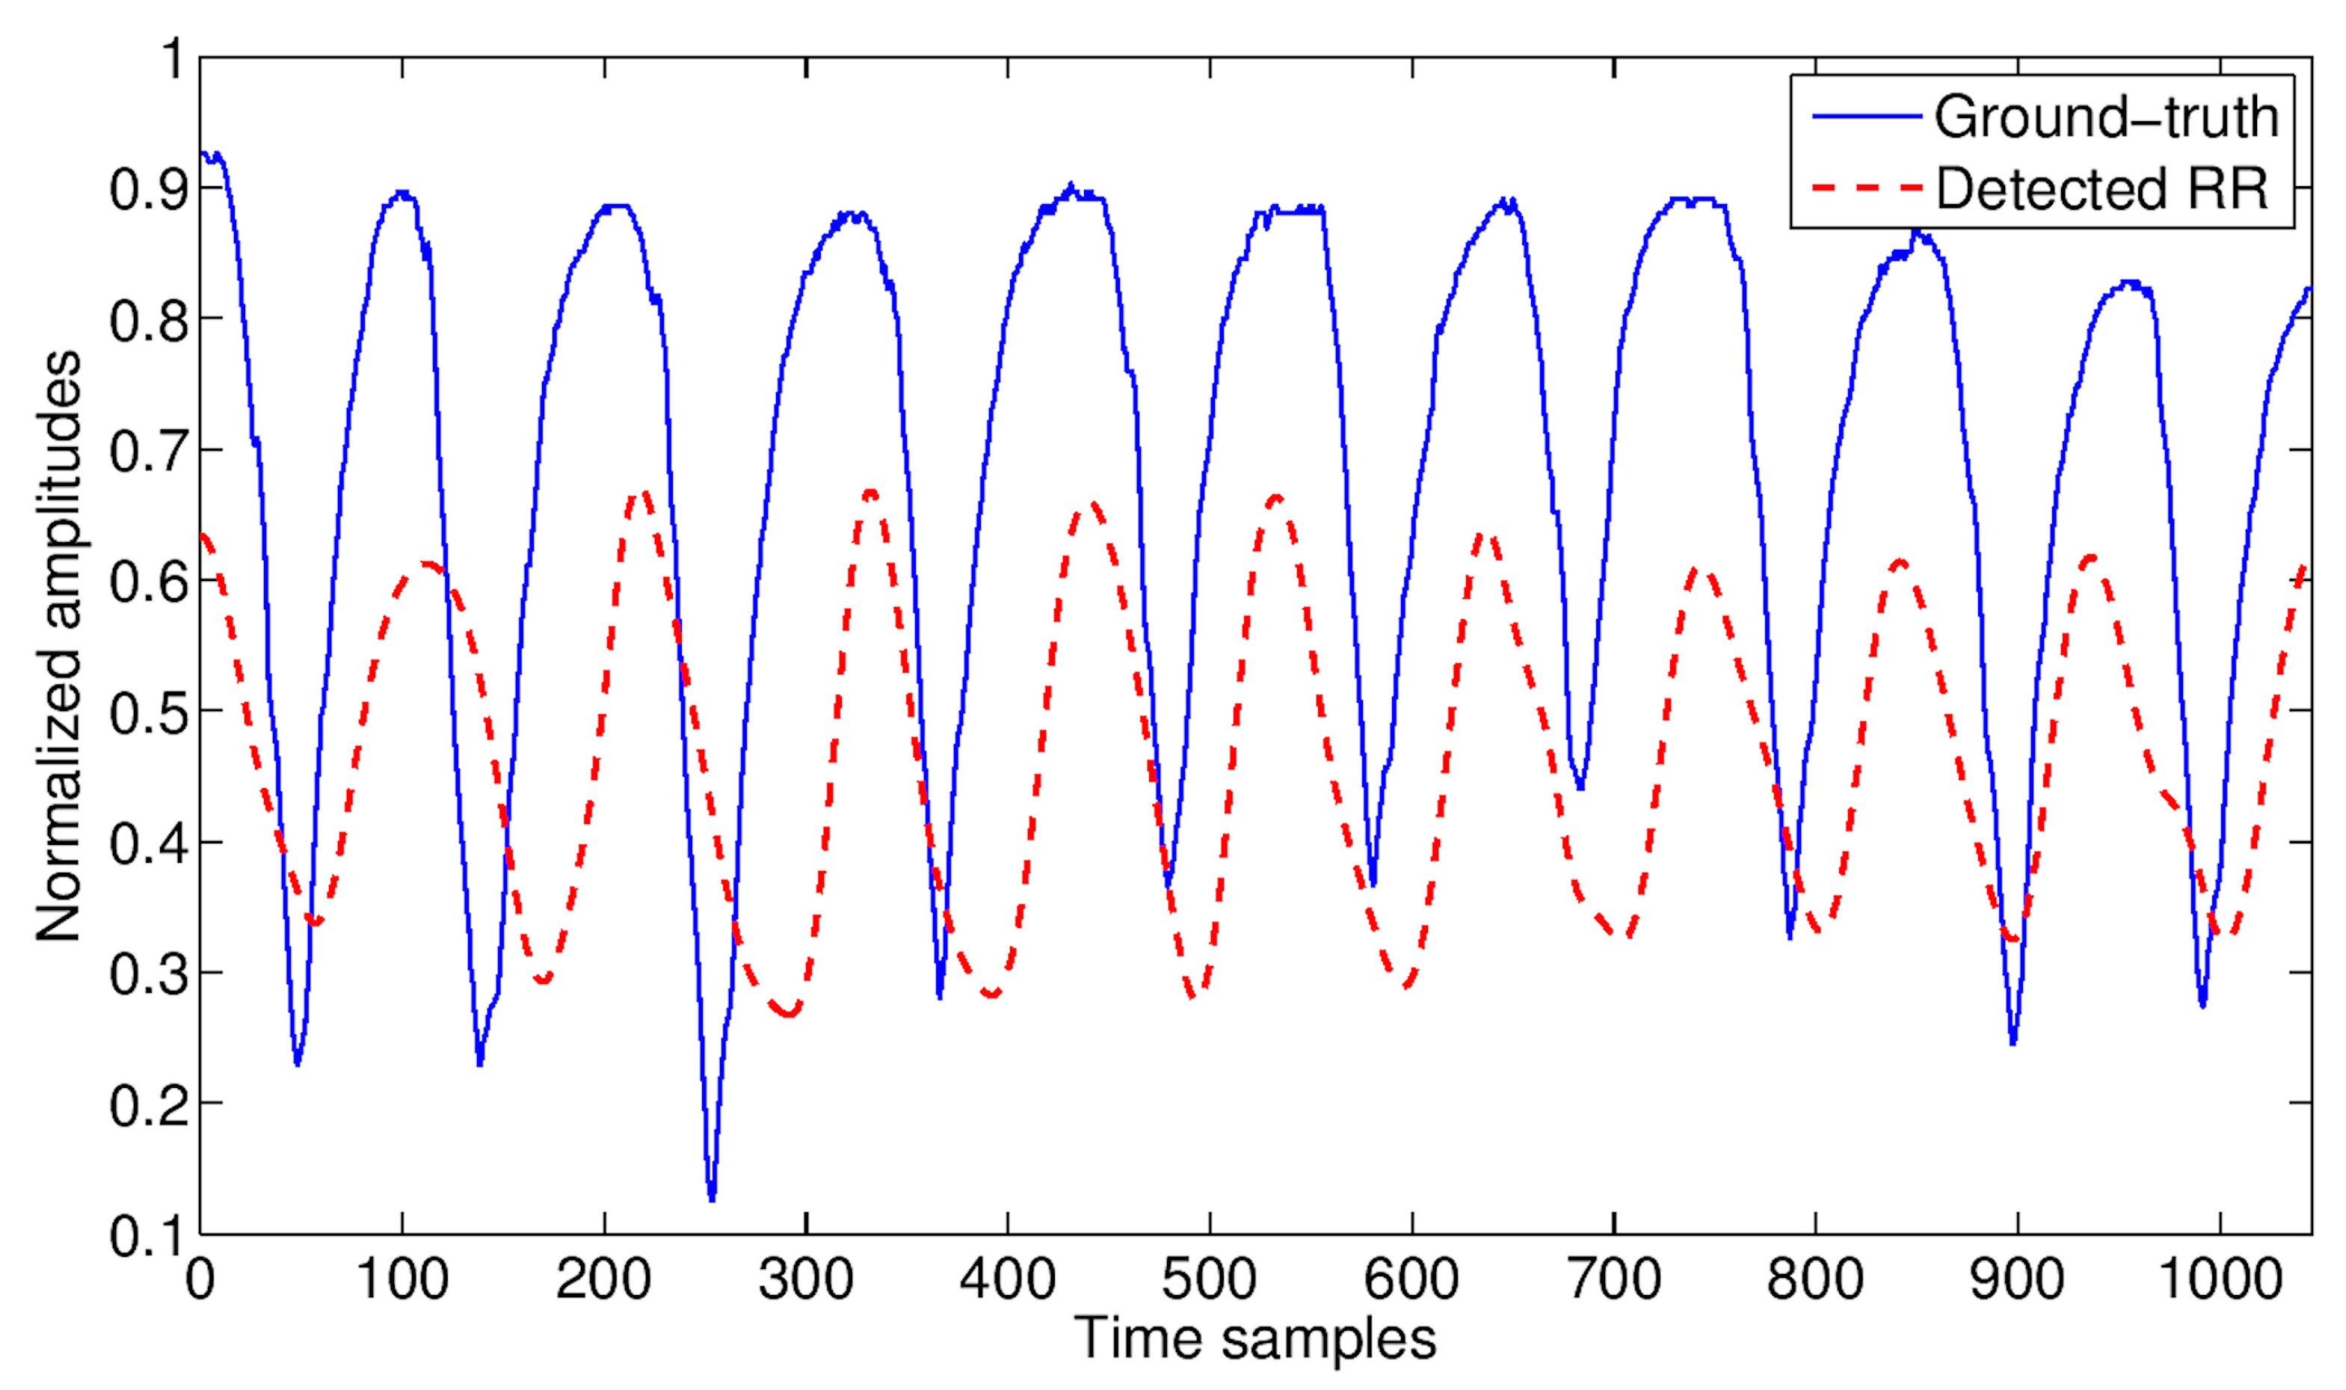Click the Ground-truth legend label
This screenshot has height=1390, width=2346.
point(2106,118)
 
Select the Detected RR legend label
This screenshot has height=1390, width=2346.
point(2102,188)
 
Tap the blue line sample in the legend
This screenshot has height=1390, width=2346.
point(1868,116)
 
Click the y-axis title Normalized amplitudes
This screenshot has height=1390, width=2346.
point(58,645)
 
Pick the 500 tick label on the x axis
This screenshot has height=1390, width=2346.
point(1208,1279)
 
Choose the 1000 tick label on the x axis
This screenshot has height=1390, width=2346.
point(2220,1279)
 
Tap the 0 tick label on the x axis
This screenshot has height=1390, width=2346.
point(200,1279)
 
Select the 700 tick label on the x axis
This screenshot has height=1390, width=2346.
point(1613,1279)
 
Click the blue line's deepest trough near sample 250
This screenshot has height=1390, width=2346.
point(712,1198)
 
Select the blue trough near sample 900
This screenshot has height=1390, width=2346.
point(2013,1042)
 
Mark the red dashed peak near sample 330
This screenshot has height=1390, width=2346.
point(871,492)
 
